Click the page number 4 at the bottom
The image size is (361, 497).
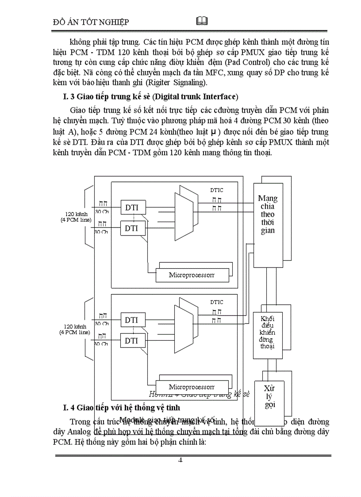click(x=180, y=459)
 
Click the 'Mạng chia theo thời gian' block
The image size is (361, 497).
click(x=267, y=215)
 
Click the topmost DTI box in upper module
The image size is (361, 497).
click(x=131, y=207)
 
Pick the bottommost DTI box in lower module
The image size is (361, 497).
click(x=131, y=341)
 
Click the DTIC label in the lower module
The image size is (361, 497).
click(x=216, y=302)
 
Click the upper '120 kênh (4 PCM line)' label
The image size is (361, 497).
click(x=75, y=217)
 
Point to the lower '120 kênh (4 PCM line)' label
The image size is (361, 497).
click(x=75, y=329)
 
